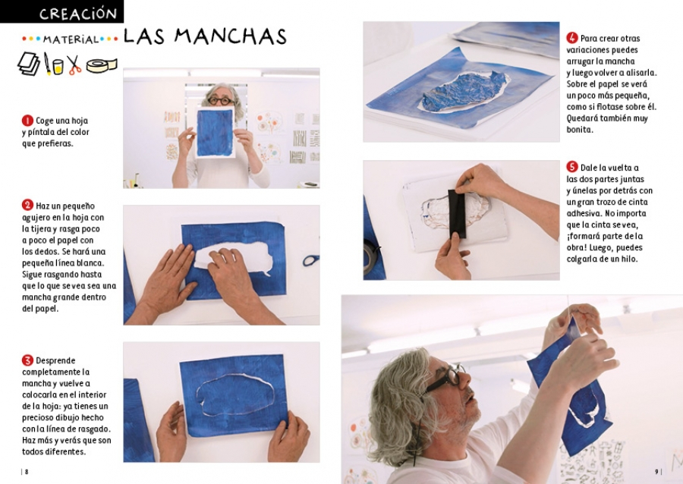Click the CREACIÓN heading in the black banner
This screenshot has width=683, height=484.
pos(78,14)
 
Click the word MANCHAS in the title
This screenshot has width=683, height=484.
pos(231,36)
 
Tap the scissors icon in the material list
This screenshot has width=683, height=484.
pos(74,64)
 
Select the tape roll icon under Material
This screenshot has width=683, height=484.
pos(102,64)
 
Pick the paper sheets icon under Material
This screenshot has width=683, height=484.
pos(29,64)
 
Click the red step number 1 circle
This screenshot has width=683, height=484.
pos(27,121)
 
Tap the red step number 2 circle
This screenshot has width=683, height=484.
pos(27,206)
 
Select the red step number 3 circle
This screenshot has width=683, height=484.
pos(27,360)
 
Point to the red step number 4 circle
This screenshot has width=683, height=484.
pos(572,38)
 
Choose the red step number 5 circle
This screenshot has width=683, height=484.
pos(572,167)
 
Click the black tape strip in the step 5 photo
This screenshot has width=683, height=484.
pos(457,213)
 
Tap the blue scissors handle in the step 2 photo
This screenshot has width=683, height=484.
pos(310,260)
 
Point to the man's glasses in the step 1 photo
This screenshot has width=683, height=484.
pos(222,101)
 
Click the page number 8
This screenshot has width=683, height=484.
pos(27,472)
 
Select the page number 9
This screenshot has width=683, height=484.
pos(656,471)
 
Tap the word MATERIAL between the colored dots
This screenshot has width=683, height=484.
pos(71,39)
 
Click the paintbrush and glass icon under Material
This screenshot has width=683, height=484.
pos(53,64)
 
